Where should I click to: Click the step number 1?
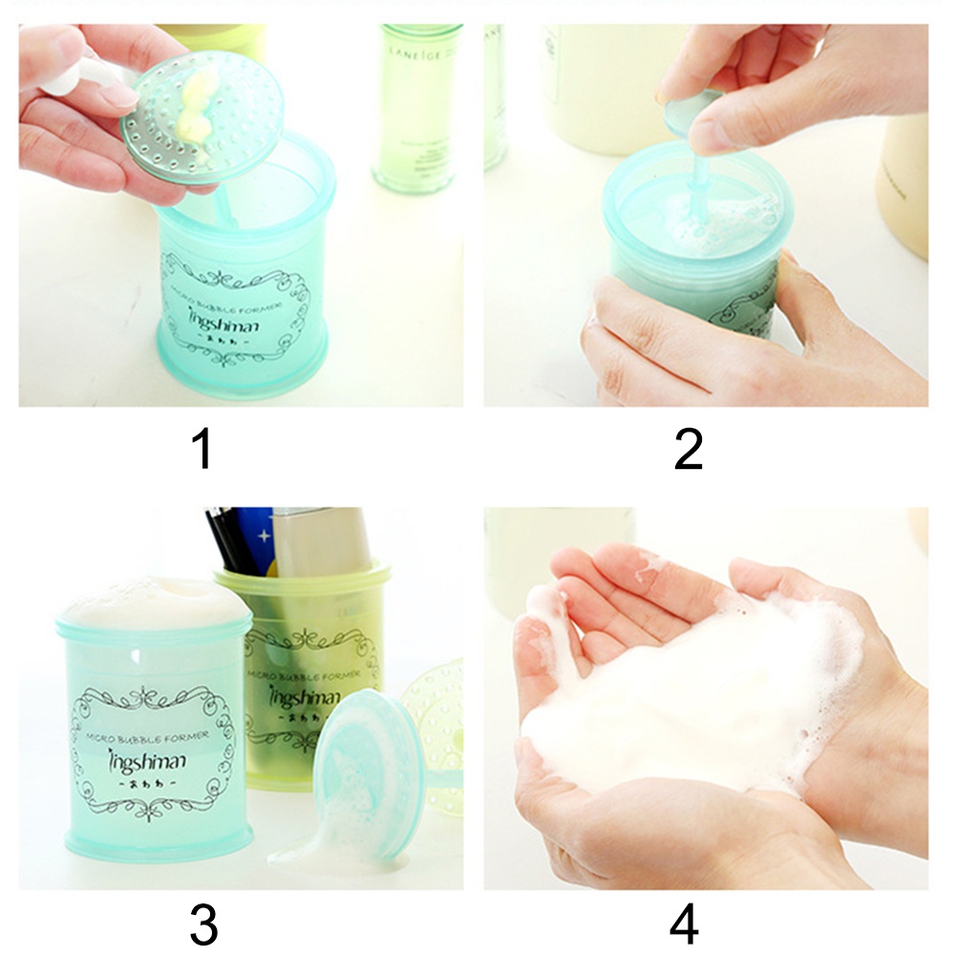click(x=202, y=449)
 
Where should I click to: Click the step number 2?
click(x=688, y=449)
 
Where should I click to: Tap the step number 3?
click(x=202, y=923)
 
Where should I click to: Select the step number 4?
click(x=684, y=923)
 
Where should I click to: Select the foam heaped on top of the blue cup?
click(x=153, y=602)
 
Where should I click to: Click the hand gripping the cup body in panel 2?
click(x=669, y=334)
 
